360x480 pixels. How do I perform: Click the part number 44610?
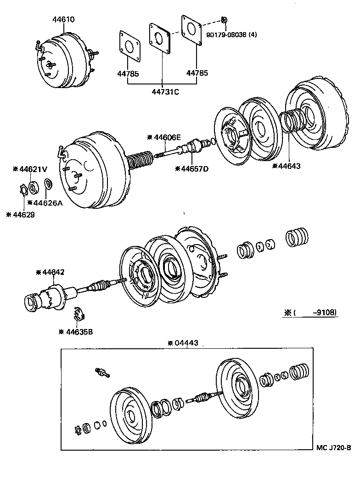(63, 20)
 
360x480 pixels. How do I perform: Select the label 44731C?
(166, 92)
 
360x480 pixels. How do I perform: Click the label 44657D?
(191, 169)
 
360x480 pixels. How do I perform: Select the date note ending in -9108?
(311, 313)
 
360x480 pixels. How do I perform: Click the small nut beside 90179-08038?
(224, 20)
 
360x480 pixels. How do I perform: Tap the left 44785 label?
(127, 73)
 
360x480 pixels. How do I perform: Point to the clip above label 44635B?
(79, 315)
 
